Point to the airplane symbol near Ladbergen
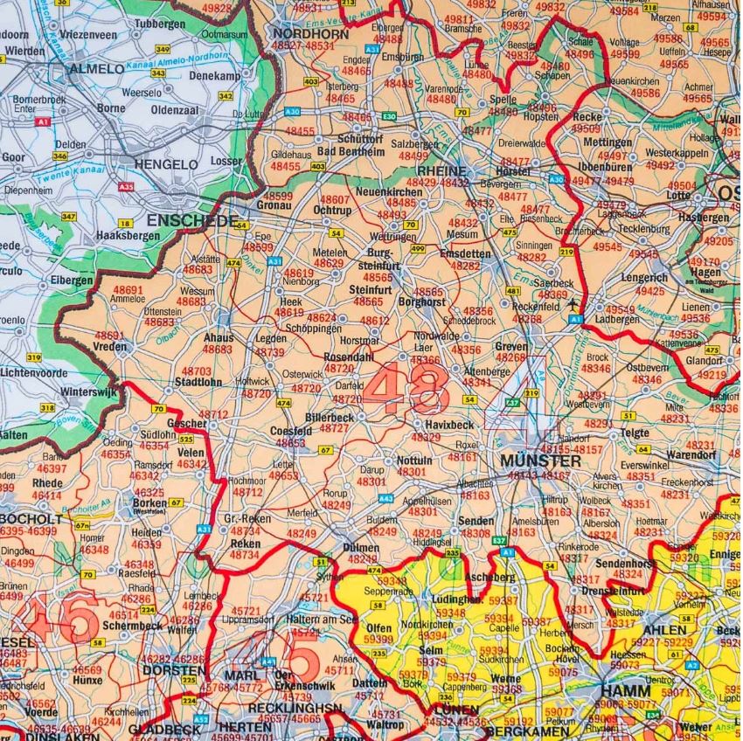(573, 305)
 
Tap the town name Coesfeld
(292, 431)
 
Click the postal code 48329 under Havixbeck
(426, 438)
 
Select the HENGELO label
(165, 163)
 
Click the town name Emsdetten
(465, 253)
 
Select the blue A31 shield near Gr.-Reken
(205, 529)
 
